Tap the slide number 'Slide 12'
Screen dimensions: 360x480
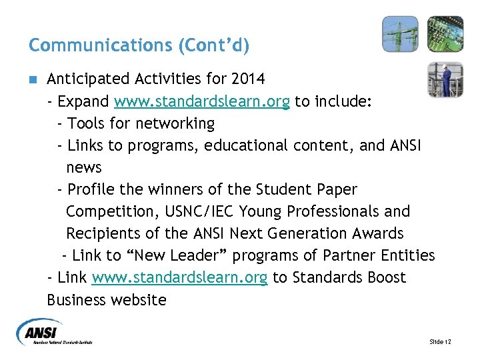click(x=440, y=342)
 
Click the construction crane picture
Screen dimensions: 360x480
click(x=400, y=34)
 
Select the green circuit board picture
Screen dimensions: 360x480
click(x=445, y=34)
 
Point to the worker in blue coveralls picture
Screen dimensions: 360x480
click(x=445, y=79)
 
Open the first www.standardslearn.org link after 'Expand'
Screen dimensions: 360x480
click(x=202, y=102)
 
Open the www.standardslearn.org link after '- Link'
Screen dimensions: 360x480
click(x=180, y=277)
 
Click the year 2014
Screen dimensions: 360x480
click(x=249, y=79)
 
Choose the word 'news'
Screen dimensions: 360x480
click(x=84, y=167)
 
